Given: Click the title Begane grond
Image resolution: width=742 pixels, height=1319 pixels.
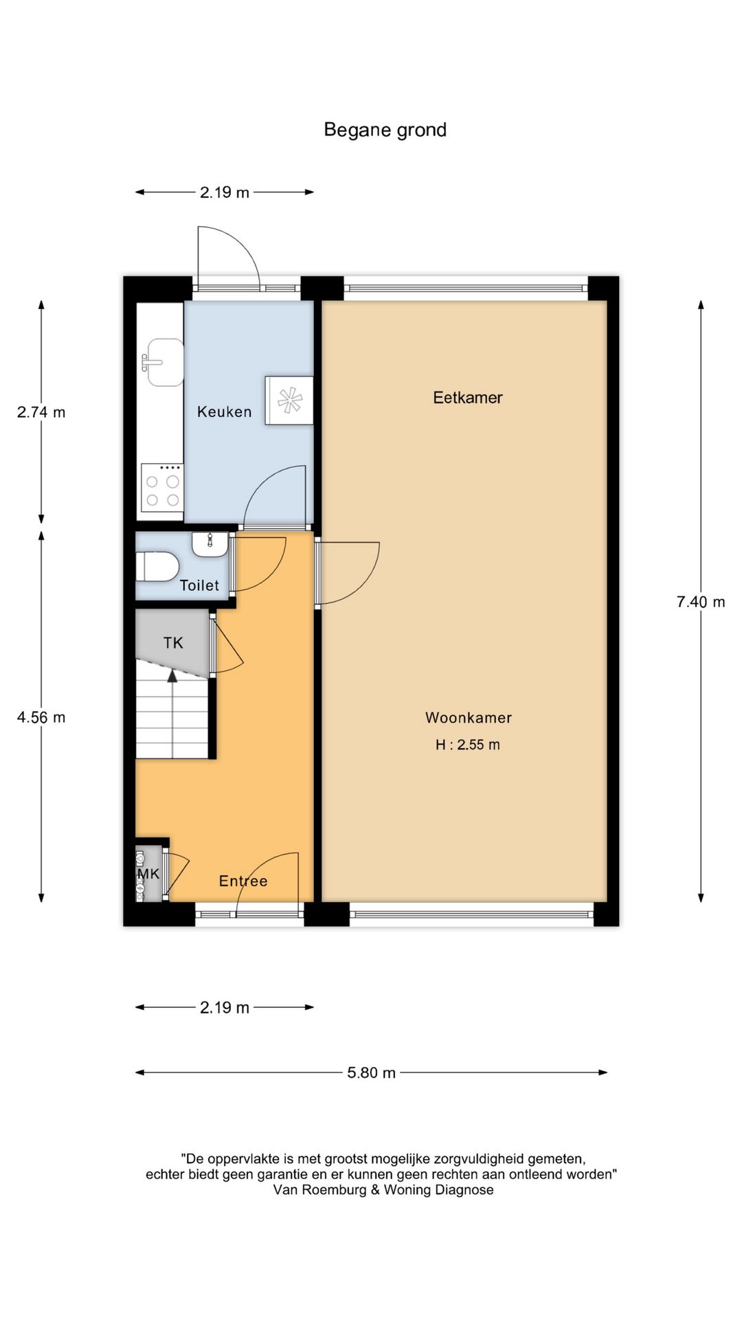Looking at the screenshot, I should (385, 130).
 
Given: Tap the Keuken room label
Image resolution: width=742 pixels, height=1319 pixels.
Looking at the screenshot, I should (224, 412).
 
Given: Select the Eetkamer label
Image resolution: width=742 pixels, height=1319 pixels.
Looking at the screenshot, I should (467, 397).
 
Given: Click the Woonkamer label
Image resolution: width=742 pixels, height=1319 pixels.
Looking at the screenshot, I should (468, 717).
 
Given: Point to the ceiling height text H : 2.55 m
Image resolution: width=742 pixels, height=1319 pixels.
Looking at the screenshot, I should (467, 745).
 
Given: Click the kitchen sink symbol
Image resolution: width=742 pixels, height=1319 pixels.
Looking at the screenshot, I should (164, 362).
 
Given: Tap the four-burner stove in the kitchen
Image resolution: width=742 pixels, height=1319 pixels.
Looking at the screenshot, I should (162, 488).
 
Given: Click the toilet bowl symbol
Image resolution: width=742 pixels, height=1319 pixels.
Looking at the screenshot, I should (157, 567).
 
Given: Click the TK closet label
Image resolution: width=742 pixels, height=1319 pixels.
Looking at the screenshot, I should (173, 642).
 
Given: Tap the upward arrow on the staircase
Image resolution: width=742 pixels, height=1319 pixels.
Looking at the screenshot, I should (172, 677).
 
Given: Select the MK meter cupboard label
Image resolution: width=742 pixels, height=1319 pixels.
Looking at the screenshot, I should (148, 873).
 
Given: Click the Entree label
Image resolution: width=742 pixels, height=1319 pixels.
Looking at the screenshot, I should (243, 881).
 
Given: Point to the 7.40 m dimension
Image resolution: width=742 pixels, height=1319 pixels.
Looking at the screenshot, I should (700, 602).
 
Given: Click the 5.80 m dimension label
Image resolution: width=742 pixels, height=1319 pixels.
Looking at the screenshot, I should (371, 1072).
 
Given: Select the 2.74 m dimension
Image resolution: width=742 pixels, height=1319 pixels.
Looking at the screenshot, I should (41, 412).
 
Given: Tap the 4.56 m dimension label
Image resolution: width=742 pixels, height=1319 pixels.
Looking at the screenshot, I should (41, 717).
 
